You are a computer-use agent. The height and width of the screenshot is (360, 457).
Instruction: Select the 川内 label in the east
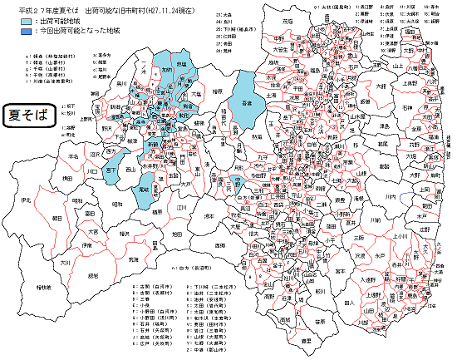tap(391, 196)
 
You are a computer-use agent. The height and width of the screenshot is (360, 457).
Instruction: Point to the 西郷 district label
tap(219, 246)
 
